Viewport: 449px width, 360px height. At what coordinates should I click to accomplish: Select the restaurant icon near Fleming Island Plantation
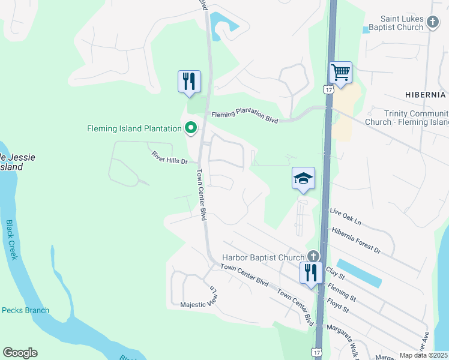click(189, 81)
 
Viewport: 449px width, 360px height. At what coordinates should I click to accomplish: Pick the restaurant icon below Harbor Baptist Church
click(311, 273)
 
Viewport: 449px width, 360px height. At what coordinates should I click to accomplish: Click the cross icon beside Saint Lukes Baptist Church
click(433, 23)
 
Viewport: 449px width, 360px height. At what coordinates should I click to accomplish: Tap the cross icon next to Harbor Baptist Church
click(312, 257)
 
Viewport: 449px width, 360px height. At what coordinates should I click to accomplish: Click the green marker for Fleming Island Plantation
click(191, 127)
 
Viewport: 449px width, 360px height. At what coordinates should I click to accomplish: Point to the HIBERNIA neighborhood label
click(425, 95)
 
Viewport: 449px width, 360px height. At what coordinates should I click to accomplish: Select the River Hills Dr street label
click(169, 158)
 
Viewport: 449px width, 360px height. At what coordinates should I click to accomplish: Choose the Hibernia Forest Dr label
click(356, 239)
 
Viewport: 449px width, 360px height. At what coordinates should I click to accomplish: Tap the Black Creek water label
click(13, 239)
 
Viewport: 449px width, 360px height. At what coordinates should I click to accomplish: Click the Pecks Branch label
click(25, 310)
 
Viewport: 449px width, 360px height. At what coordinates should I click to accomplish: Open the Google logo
click(20, 353)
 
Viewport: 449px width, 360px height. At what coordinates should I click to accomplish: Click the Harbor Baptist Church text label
click(264, 257)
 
